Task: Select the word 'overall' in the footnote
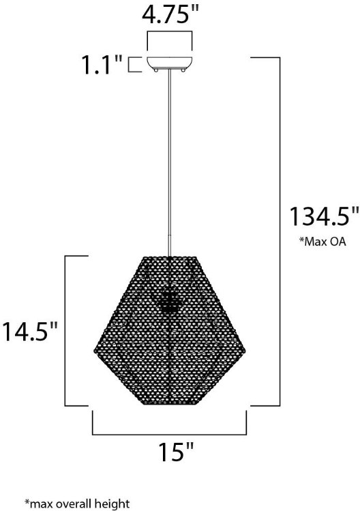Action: coord(76,504)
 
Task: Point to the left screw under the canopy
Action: coord(156,70)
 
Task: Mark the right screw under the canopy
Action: coord(183,70)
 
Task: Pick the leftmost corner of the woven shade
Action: coord(95,350)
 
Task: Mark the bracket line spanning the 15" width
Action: coord(170,433)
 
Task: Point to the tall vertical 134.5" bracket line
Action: coord(280,232)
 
